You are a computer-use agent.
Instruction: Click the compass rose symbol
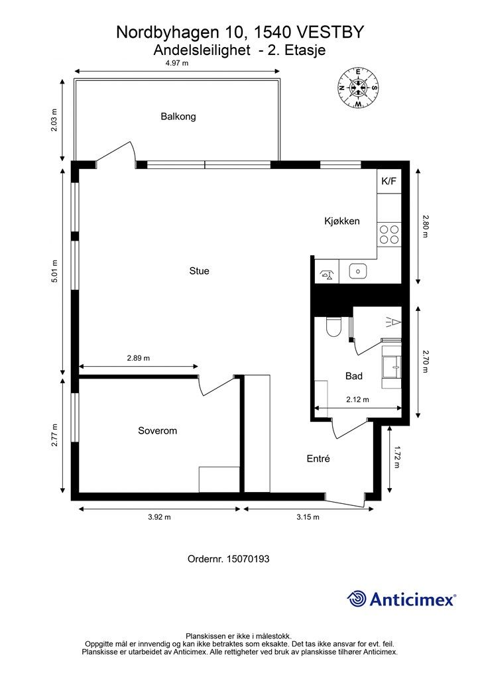[358, 88]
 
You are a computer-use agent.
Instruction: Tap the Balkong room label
[178, 117]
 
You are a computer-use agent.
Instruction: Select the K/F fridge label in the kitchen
[389, 181]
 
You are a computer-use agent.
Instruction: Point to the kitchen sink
[359, 271]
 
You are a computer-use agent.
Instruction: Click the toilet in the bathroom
[333, 328]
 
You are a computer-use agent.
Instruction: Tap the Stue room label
[199, 271]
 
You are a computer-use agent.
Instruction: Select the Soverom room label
[157, 430]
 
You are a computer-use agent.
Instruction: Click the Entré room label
[318, 459]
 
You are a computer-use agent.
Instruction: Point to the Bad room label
[354, 376]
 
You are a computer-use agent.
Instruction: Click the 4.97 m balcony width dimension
[177, 63]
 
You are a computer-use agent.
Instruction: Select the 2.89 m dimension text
[139, 358]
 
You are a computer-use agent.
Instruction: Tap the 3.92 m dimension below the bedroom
[159, 517]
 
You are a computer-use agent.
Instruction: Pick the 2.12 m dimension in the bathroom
[357, 400]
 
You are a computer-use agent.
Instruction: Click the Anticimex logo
[402, 599]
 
